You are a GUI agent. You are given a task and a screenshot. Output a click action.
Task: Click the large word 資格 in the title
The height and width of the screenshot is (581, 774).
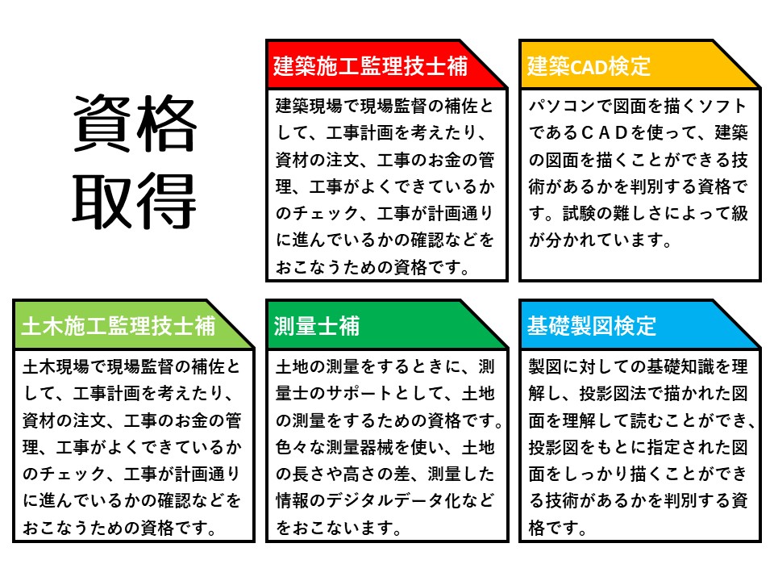click(x=135, y=123)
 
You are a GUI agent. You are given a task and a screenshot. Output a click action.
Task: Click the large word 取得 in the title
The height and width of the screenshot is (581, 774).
click(x=135, y=201)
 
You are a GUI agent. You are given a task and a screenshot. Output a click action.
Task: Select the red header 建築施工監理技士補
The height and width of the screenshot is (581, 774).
click(x=370, y=66)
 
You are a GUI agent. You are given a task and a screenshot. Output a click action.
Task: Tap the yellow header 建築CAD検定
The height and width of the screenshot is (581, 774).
click(x=589, y=66)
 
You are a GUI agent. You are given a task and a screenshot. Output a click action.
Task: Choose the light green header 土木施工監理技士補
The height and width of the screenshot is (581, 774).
click(x=119, y=326)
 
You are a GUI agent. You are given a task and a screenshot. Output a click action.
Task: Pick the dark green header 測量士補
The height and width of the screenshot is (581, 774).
click(x=316, y=326)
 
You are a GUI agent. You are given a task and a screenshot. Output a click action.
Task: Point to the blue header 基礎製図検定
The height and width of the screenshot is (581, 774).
click(x=591, y=326)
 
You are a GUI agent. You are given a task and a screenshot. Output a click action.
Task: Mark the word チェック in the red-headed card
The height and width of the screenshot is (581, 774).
click(x=326, y=213)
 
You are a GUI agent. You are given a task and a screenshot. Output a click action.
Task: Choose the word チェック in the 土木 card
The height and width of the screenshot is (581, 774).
click(x=73, y=474)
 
